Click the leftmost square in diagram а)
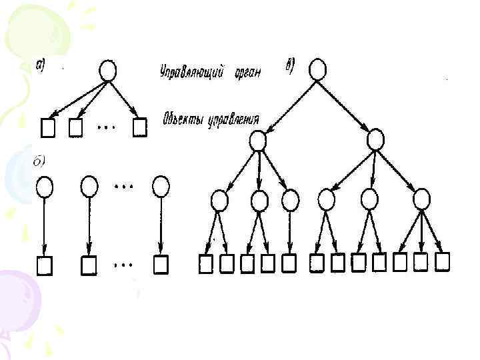click(x=48, y=126)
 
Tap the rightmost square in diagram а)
click(x=139, y=127)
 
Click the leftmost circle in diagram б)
click(x=45, y=186)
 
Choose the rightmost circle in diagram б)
click(x=161, y=186)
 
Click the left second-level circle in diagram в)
click(x=257, y=141)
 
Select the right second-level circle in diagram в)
click(x=375, y=139)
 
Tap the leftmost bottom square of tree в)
click(x=207, y=265)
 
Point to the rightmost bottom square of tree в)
click(x=441, y=262)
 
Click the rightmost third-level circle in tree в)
click(x=421, y=199)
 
